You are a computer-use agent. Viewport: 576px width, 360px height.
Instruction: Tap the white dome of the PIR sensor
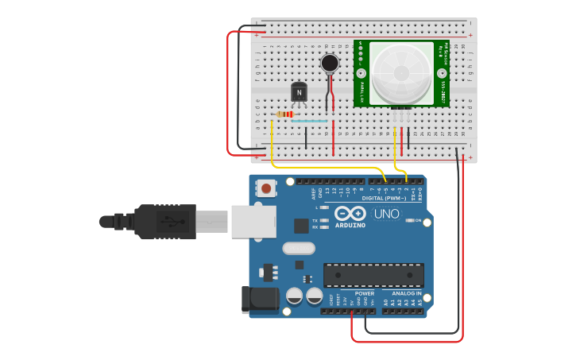[401, 73]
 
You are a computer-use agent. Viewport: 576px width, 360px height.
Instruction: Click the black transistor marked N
[299, 92]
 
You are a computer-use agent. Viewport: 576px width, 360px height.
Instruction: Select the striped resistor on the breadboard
[284, 114]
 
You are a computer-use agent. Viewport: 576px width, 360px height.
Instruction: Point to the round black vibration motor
[330, 63]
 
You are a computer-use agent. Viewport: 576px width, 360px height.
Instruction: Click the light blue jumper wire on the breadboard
[309, 121]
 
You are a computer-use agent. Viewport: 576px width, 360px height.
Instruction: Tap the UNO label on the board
[387, 213]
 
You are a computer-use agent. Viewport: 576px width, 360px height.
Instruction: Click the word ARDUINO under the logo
[350, 225]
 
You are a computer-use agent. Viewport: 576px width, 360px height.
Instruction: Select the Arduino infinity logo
[350, 213]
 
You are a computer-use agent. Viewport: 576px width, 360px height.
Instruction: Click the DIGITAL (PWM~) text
[384, 198]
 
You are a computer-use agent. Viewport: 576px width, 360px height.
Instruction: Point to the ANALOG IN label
[407, 293]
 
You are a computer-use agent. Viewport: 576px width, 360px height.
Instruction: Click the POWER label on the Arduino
[364, 293]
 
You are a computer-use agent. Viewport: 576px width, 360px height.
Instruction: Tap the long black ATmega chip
[373, 275]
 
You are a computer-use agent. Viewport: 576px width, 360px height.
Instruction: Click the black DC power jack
[259, 300]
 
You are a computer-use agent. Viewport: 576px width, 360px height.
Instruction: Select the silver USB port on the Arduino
[253, 222]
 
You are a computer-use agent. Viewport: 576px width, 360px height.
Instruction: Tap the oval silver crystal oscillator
[299, 248]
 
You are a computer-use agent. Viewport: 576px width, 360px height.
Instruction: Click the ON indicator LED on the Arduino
[410, 220]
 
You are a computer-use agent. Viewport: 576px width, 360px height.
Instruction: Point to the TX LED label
[315, 220]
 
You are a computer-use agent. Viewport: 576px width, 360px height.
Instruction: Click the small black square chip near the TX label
[301, 226]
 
